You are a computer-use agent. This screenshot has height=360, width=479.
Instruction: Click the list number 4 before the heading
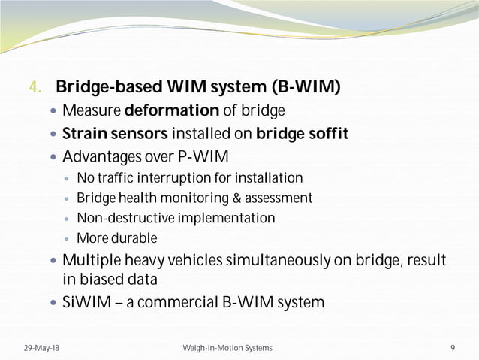[x=32, y=89]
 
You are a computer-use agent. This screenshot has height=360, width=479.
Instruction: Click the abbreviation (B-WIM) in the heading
[x=309, y=88]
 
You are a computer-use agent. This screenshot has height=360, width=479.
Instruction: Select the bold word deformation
[x=172, y=112]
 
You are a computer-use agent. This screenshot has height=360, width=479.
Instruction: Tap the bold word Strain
[x=82, y=135]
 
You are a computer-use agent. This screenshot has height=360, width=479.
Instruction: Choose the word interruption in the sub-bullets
[x=179, y=178]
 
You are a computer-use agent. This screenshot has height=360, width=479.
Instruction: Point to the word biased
[x=103, y=280]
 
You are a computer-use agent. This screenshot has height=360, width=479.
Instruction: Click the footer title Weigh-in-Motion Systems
[x=227, y=348]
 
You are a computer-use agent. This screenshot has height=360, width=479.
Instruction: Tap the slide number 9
[x=453, y=348]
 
